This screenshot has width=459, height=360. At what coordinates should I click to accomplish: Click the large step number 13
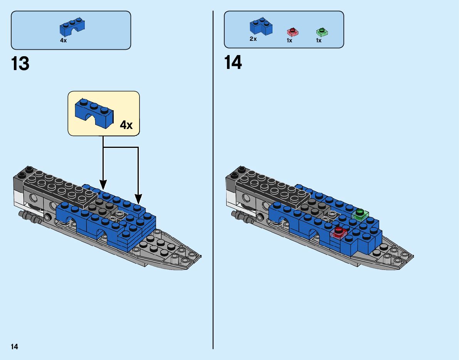coord(20,64)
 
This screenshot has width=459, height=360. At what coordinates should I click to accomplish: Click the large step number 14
coord(233,63)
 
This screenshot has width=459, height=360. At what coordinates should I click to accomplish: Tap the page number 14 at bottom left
coord(14,347)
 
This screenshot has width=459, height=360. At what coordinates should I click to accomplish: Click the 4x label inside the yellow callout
coord(126,125)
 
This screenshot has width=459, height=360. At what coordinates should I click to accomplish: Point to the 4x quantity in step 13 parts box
coord(63,40)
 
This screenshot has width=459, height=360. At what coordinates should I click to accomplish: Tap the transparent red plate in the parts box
coord(292,32)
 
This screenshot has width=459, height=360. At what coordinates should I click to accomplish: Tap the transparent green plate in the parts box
coord(322,32)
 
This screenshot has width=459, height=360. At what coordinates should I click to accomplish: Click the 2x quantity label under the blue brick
coord(253,39)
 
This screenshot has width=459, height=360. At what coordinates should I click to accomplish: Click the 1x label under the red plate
coord(289,40)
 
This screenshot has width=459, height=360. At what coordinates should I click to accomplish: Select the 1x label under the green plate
coord(319,40)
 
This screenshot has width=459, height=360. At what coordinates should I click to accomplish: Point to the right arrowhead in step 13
coord(138,199)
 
